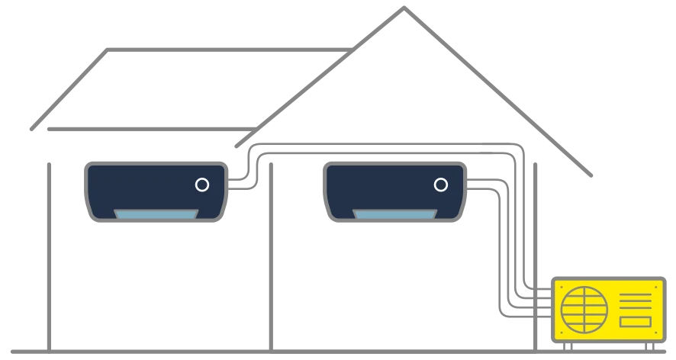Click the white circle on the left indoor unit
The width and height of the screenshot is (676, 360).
(202, 185)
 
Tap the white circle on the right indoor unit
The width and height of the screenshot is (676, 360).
(440, 185)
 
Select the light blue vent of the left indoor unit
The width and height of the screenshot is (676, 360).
(156, 214)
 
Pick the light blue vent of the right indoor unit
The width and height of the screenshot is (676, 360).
(394, 214)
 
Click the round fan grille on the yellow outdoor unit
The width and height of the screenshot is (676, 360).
(582, 308)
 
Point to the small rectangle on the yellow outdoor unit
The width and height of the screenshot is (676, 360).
(635, 322)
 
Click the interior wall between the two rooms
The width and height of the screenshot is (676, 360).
(271, 252)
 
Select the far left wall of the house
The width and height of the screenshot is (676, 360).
(49, 252)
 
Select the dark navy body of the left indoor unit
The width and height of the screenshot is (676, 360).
(137, 187)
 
